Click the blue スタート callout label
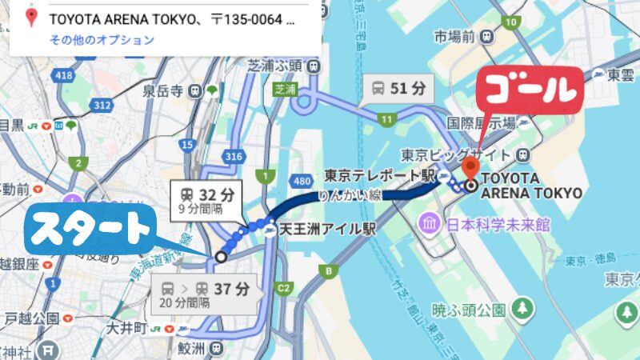pyautogui.click(x=90, y=229)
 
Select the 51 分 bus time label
pyautogui.click(x=398, y=89)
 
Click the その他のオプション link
pyautogui.click(x=102, y=39)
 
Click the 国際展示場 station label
pyautogui.click(x=479, y=123)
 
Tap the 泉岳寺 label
pyautogui.click(x=164, y=90)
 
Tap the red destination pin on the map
pyautogui.click(x=470, y=167)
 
